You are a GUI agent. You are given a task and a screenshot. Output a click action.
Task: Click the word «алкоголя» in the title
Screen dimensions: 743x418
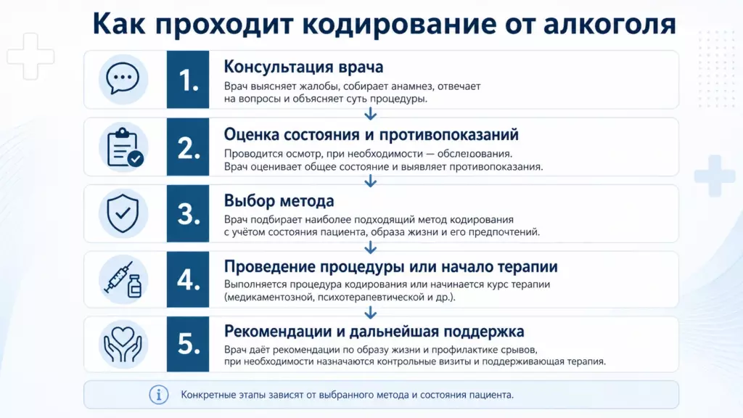pos(609,25)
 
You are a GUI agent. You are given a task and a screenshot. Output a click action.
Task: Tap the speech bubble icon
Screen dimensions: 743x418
pos(123,78)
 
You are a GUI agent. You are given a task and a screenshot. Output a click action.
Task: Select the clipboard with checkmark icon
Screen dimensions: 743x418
pos(125,147)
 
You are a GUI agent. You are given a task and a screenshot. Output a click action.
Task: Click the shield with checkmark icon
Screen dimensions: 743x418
pos(123,213)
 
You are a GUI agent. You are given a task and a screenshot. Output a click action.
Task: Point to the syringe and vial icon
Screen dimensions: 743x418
pos(123,279)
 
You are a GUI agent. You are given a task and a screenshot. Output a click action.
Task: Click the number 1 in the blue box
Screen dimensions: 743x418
pos(188,80)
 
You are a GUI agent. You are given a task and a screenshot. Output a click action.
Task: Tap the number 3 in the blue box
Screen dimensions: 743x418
pos(188,214)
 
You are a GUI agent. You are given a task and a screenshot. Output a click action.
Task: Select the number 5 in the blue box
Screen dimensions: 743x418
pos(188,344)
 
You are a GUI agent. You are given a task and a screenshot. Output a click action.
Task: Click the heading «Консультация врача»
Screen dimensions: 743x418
pos(303,67)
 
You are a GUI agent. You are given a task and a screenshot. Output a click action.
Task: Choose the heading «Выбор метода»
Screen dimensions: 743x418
pos(279,201)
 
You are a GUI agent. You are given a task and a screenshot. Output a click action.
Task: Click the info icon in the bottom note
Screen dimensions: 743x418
pos(159,395)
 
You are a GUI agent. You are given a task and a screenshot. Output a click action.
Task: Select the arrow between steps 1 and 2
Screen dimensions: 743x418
pos(371,114)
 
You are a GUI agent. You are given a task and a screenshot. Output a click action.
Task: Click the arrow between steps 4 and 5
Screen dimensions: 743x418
pos(371,312)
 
